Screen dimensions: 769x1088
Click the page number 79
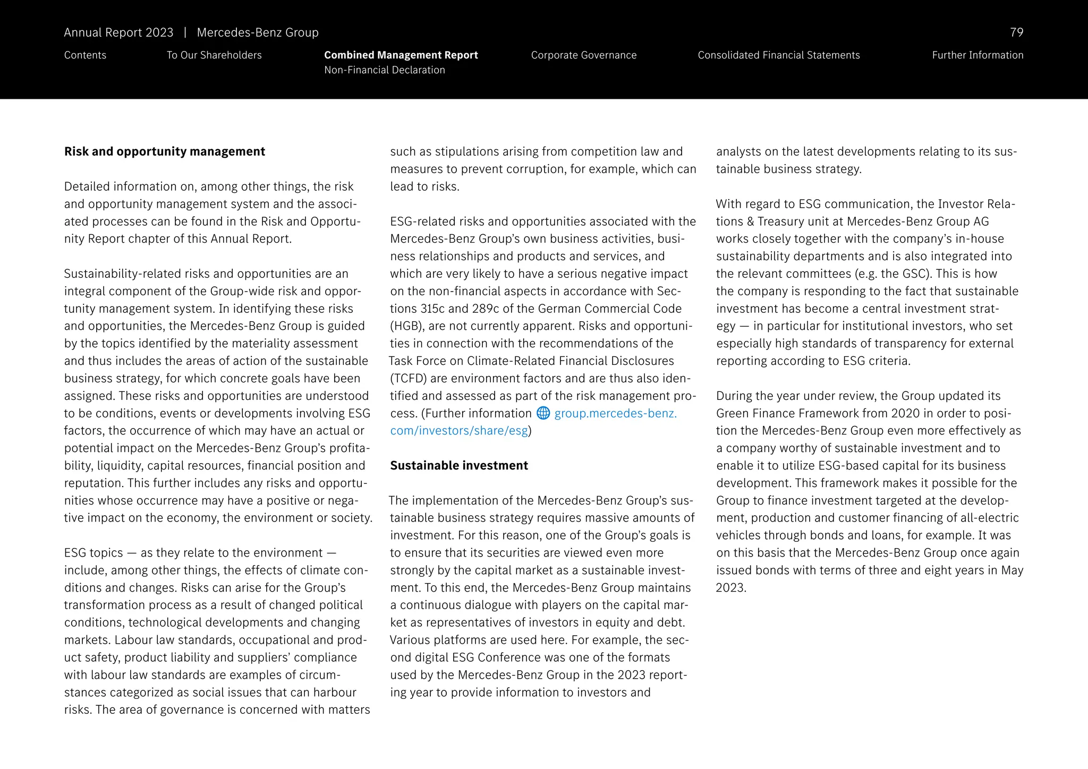(1016, 32)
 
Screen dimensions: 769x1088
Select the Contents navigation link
(85, 55)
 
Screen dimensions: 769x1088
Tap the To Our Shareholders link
(214, 55)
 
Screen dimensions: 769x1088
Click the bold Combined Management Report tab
(401, 55)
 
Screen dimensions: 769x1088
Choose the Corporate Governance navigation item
(583, 55)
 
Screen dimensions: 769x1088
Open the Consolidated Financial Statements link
(778, 55)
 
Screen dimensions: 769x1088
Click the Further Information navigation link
(977, 55)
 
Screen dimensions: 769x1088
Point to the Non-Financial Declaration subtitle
(384, 70)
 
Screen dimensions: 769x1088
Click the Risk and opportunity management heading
(165, 151)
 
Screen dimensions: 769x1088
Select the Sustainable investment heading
(459, 466)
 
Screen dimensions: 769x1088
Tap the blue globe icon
(543, 413)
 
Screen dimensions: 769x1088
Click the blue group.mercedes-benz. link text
(615, 414)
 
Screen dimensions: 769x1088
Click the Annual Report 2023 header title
(118, 32)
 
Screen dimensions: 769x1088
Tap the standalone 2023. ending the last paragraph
(731, 588)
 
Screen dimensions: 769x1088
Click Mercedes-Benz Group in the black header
(258, 32)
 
